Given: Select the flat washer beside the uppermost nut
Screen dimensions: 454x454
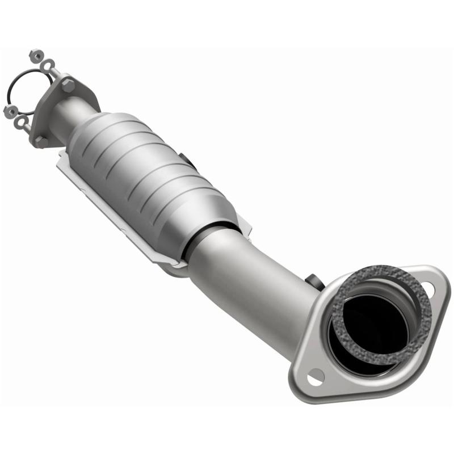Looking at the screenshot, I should click(48, 65).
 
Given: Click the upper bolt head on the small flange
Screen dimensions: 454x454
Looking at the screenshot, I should click(68, 86).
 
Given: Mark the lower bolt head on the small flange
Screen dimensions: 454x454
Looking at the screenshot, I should click(41, 140).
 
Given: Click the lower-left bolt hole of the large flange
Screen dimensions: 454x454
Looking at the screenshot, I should click(314, 376).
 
